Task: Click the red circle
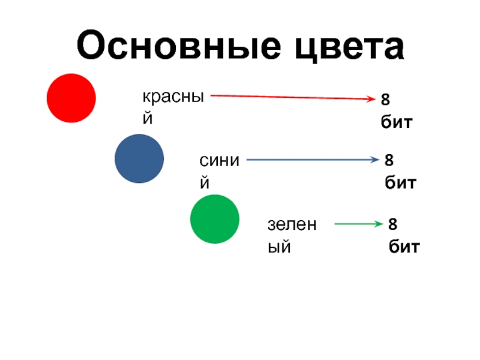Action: pos(71,98)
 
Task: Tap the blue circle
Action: pos(139,158)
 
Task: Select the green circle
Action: pos(215,219)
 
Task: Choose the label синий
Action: pos(220,170)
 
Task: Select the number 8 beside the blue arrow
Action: pos(389,160)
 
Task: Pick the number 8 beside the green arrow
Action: pos(393,224)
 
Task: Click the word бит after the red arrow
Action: pos(397,122)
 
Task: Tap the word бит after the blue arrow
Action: pos(400,182)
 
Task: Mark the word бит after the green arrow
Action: pos(403,246)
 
